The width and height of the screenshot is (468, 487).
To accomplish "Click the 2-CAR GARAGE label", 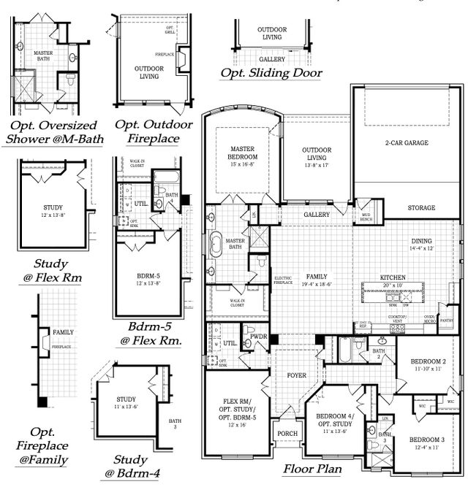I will coord(407,143).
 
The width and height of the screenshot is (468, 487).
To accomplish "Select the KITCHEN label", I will coord(392,277).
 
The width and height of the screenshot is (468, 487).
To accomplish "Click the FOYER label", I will coord(296,375).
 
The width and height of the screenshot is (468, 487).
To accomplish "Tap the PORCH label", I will coord(286,434).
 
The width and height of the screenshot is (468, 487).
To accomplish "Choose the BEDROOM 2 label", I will coord(428,362).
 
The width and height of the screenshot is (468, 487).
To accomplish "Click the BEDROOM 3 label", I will coord(427,440).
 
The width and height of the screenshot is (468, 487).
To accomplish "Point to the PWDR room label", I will coord(260,337).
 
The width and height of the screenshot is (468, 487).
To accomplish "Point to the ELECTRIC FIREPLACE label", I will coord(283,280).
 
